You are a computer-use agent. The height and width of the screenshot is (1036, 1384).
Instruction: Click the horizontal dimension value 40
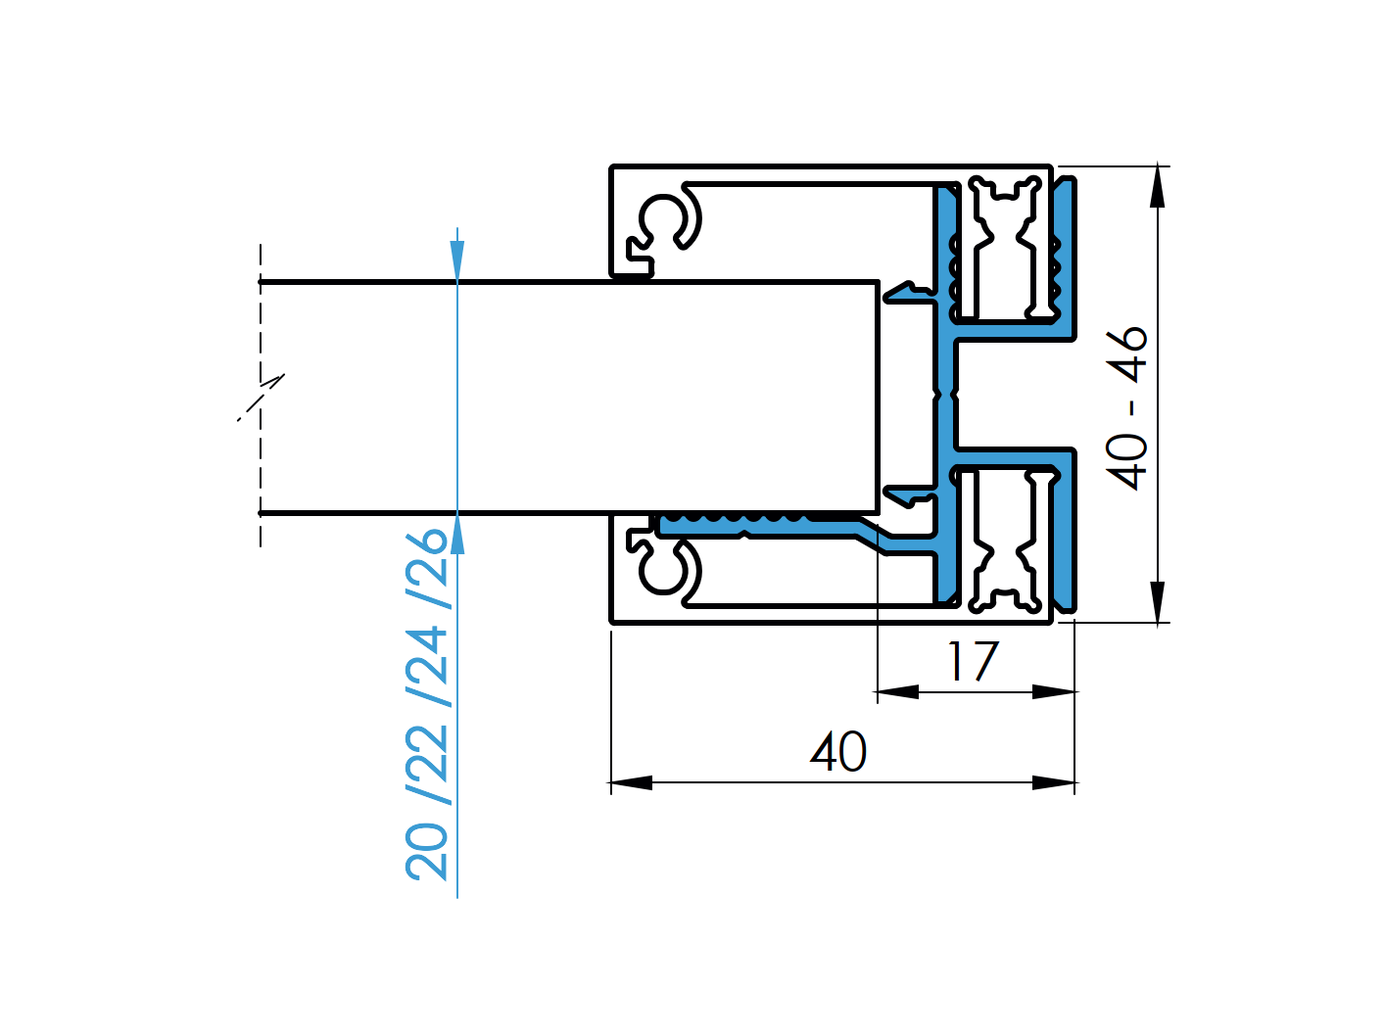tap(838, 752)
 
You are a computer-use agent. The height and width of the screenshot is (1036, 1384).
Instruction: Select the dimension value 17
tap(973, 662)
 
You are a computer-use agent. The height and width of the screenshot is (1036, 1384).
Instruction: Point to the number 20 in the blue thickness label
tap(428, 852)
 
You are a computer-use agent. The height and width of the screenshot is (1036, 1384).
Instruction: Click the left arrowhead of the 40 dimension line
tap(631, 782)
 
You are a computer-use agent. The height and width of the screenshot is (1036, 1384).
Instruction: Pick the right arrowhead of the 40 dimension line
tap(1054, 782)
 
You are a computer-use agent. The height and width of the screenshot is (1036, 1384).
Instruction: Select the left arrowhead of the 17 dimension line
tap(897, 692)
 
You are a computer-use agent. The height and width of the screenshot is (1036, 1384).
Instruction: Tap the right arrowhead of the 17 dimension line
tap(1054, 692)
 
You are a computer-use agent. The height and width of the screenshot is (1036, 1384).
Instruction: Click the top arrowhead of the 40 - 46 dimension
tap(1158, 186)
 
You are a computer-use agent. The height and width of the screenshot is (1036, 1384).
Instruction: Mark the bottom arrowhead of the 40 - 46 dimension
tap(1158, 601)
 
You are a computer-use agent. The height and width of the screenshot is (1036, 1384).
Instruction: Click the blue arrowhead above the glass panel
tap(457, 260)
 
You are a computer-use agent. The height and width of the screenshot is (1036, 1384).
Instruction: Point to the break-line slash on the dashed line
tap(262, 398)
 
